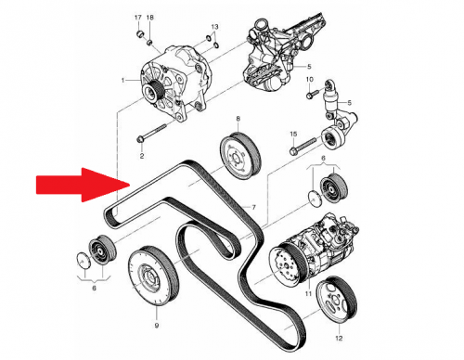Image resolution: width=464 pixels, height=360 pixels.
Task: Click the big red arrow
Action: tap(83, 185)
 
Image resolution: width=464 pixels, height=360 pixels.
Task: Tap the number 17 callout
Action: tap(138, 18)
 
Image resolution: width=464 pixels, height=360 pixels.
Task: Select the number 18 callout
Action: tap(150, 18)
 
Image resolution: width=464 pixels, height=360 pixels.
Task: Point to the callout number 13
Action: tap(214, 27)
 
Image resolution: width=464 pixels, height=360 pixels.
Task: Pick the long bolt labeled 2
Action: tap(151, 133)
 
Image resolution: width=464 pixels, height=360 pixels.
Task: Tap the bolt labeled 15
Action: tap(303, 146)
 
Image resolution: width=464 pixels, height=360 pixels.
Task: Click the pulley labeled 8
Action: tap(240, 156)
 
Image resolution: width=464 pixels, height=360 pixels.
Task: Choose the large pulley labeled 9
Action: tap(153, 276)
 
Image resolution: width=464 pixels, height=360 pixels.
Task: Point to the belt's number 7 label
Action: tap(253, 207)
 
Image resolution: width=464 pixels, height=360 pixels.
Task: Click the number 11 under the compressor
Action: tap(308, 293)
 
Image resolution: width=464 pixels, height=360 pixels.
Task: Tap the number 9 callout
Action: tap(157, 325)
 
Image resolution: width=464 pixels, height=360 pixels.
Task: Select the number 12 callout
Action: tap(339, 338)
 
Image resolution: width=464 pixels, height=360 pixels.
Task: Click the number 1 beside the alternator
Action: tap(123, 81)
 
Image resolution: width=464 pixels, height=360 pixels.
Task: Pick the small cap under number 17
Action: tap(140, 32)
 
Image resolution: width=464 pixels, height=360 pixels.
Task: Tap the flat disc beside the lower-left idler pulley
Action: tap(83, 261)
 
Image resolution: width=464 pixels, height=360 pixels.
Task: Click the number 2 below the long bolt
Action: tap(142, 156)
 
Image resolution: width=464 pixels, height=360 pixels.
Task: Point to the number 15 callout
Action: tap(293, 134)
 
